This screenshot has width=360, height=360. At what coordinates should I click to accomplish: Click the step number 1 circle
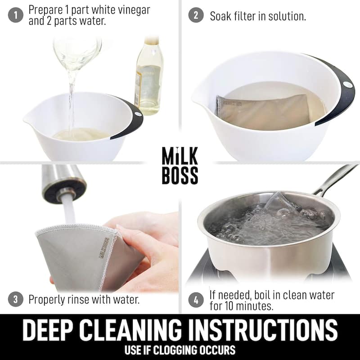pos(15,15)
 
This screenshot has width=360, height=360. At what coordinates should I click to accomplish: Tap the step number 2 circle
pos(196,15)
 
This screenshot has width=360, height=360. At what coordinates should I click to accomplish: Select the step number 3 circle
pos(15,300)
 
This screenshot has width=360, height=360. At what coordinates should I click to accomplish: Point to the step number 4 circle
pos(196,300)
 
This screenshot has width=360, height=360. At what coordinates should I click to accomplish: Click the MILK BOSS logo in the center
pos(180,165)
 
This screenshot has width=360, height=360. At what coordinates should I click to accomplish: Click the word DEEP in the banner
pos(49,330)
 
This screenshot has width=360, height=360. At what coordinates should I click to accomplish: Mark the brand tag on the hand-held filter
pos(104,248)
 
